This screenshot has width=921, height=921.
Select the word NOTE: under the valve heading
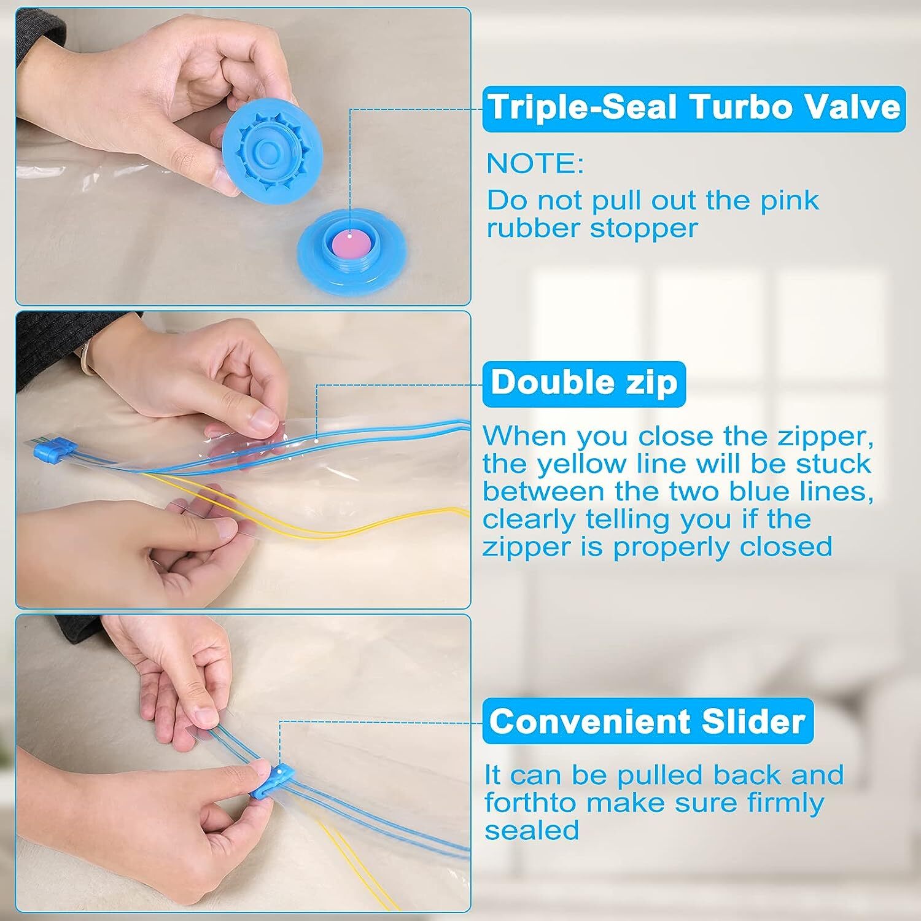coord(535,164)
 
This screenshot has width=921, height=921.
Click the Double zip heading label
coord(584,383)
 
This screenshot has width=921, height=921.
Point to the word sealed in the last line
coord(532,830)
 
